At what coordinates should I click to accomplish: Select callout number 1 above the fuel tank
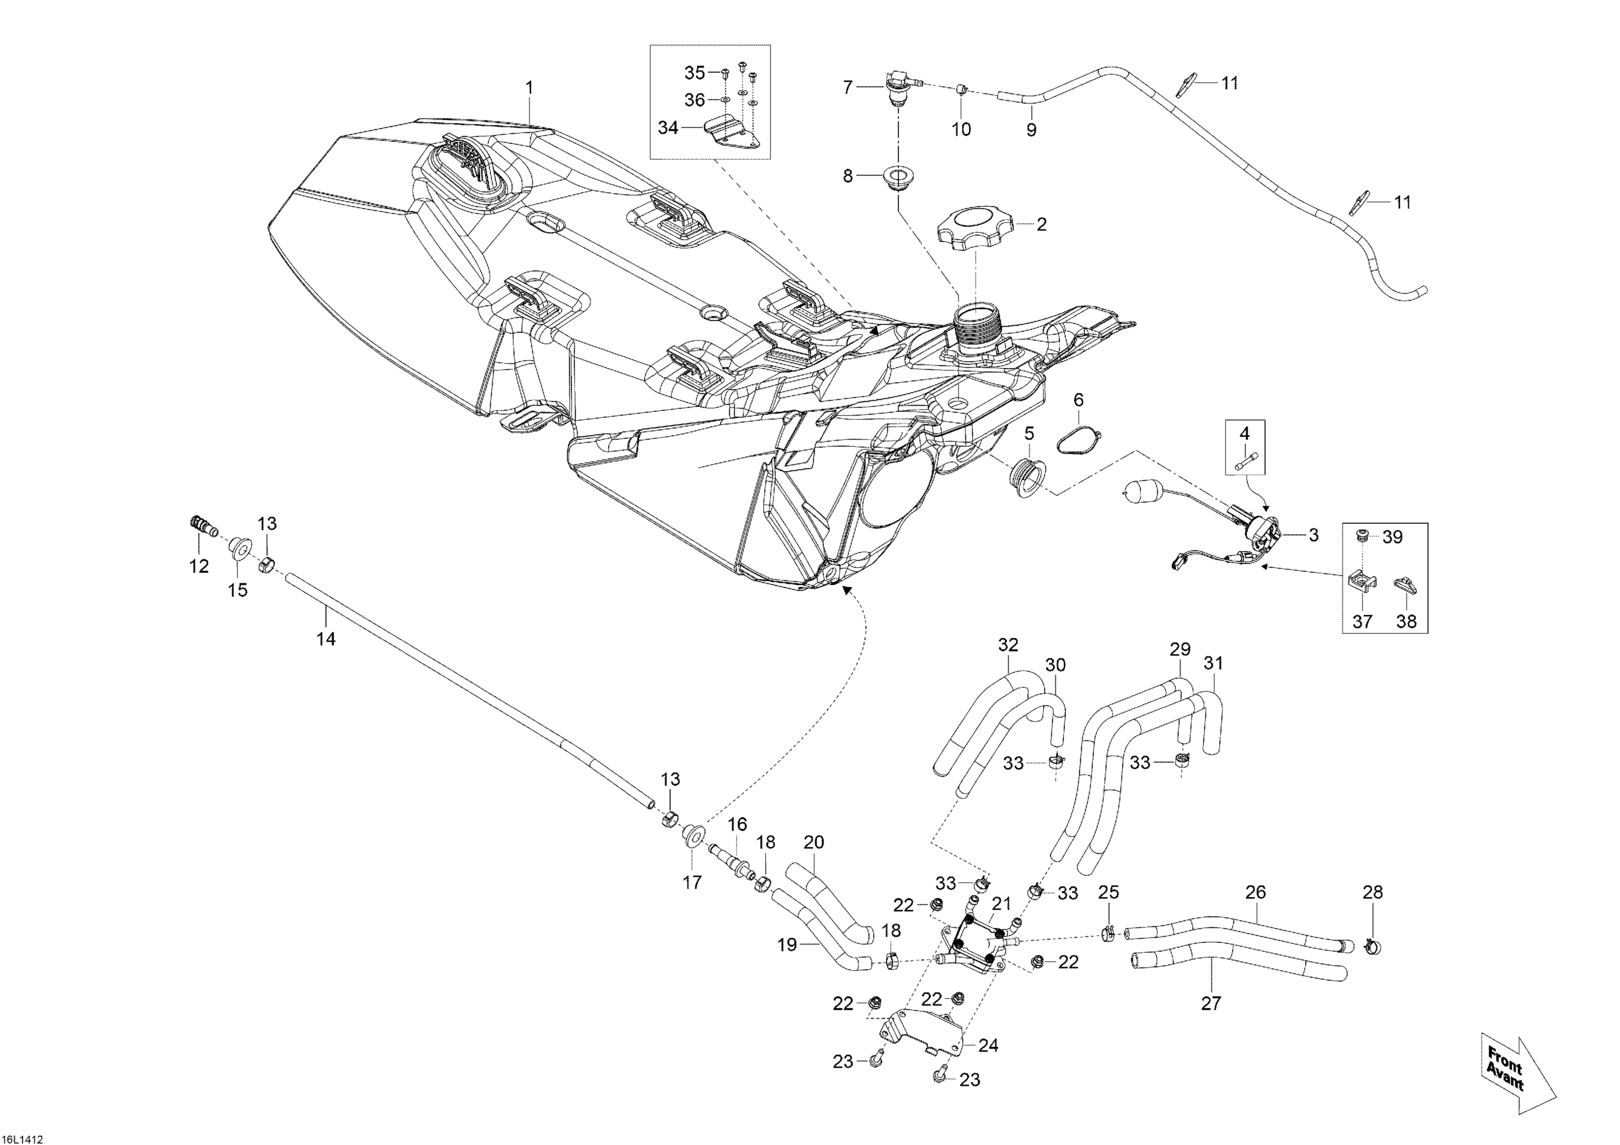[x=529, y=88]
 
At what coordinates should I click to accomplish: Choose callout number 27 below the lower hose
[x=1211, y=1002]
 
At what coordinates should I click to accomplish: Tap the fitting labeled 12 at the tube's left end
[x=203, y=526]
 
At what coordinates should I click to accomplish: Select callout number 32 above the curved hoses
[x=1008, y=645]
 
